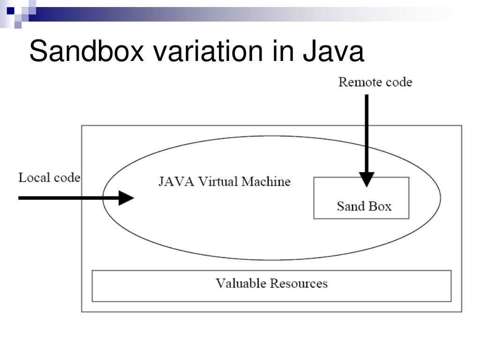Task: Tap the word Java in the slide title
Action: coord(333,51)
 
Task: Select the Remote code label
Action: coord(375,82)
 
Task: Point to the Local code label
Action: coord(49,178)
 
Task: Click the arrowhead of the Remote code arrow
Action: coord(367,179)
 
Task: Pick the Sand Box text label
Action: coord(364,206)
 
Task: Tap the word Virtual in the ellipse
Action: coord(216,182)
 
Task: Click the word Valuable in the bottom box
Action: coord(241,284)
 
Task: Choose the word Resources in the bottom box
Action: coord(299,284)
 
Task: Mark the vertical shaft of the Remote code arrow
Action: coord(367,131)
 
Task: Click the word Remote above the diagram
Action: coord(355,82)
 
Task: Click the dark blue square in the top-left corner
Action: coord(10,9)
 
